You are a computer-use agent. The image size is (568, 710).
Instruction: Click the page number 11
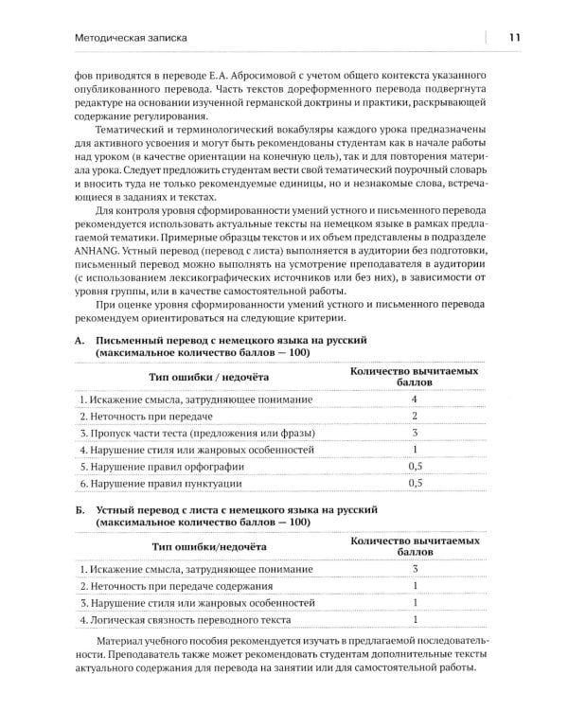pos(513,38)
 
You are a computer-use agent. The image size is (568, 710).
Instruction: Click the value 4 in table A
pos(415,400)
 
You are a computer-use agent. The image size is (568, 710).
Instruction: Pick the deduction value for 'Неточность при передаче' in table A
pos(415,421)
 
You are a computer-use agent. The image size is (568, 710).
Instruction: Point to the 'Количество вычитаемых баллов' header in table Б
pos(414,547)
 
